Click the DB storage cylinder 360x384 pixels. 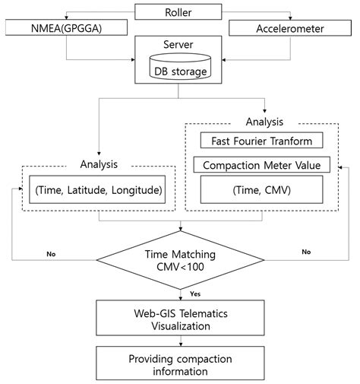[x=179, y=71]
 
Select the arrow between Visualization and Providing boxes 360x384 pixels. [x=180, y=341]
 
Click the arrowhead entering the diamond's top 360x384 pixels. [x=180, y=230]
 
